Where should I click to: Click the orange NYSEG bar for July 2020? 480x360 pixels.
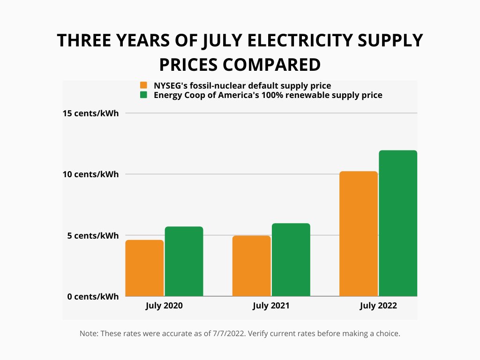point(144,268)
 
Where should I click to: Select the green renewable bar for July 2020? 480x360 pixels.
point(184,262)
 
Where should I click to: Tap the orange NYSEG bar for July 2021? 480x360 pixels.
point(251,266)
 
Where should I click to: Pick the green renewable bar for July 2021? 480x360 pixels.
point(291,260)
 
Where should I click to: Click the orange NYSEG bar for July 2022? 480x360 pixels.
point(359,233)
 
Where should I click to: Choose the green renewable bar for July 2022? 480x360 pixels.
point(398,223)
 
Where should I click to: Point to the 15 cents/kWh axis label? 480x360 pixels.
point(91,113)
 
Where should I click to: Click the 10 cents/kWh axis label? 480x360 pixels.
point(91,174)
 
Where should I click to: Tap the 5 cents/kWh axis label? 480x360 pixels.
point(93,235)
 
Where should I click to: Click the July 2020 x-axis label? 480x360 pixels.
point(164,306)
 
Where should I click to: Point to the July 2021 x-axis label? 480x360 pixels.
point(271,306)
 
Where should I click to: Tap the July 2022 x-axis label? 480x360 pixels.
point(378,306)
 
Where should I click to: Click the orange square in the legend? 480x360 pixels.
point(143,85)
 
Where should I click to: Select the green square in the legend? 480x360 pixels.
point(143,95)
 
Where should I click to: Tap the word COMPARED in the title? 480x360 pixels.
point(272,64)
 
